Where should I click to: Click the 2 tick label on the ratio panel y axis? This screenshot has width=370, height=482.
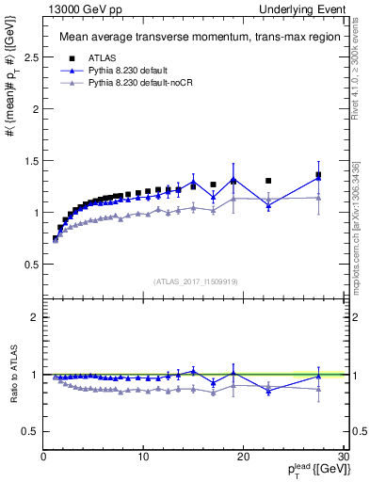(x=34, y=317)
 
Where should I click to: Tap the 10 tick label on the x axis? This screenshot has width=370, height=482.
(x=143, y=458)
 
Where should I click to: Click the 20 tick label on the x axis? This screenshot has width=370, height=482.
(x=243, y=458)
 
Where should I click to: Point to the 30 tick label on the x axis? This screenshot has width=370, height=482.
(x=343, y=458)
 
